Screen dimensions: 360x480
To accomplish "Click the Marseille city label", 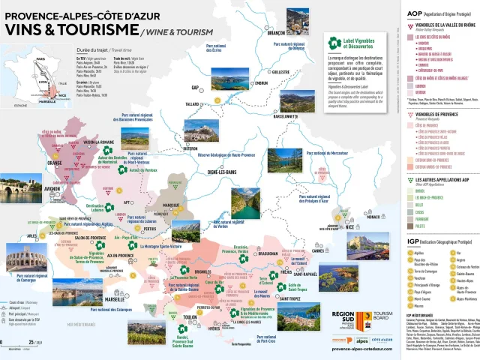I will (x=115, y=298).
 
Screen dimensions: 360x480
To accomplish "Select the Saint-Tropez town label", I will (x=294, y=298).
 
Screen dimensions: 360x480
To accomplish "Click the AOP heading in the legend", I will (x=414, y=13).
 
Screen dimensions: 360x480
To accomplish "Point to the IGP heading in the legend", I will (x=414, y=241).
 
